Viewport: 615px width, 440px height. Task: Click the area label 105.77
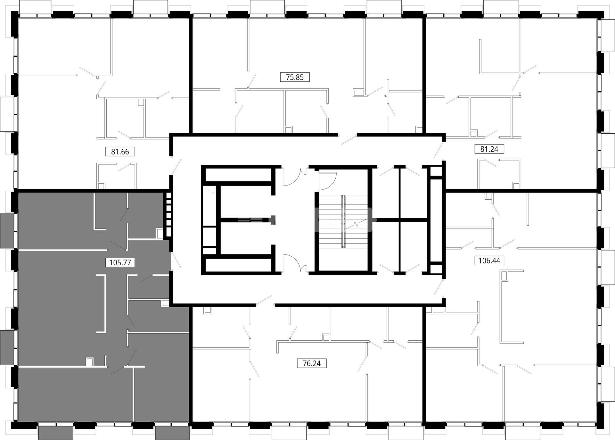tap(120, 263)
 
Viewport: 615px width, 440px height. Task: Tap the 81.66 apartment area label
tap(120, 152)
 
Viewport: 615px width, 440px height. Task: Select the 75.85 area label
tap(295, 77)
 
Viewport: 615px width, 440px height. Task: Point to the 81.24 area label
tap(489, 149)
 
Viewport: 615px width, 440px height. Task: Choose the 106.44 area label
tap(489, 261)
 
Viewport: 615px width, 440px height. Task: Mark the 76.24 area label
tap(312, 364)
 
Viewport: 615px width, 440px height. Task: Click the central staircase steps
tap(343, 221)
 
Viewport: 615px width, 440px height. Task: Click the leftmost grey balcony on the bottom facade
tap(56, 433)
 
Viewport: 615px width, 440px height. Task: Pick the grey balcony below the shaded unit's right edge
tap(173, 433)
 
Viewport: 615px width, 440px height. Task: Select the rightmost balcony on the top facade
tap(501, 7)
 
